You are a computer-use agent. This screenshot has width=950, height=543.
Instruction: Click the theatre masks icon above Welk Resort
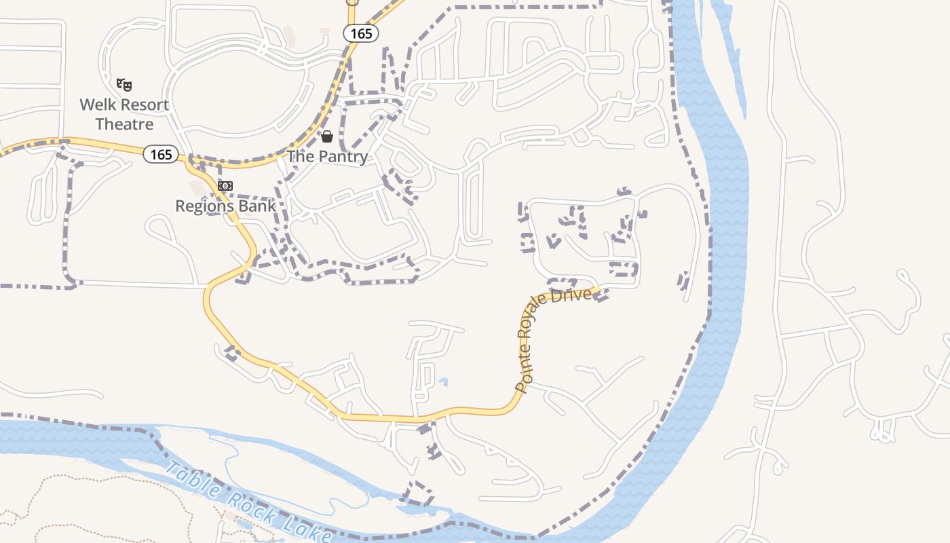pyautogui.click(x=123, y=85)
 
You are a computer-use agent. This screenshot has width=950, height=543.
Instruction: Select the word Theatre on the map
pyautogui.click(x=124, y=124)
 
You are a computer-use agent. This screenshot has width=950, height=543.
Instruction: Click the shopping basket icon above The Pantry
pyautogui.click(x=327, y=136)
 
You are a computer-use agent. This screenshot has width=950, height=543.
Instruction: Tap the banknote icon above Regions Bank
pyautogui.click(x=225, y=186)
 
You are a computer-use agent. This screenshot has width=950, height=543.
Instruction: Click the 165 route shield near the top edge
pyautogui.click(x=360, y=33)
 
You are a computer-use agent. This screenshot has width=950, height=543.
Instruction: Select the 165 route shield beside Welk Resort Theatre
pyautogui.click(x=161, y=155)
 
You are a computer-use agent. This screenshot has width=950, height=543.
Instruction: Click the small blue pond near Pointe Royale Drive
pyautogui.click(x=444, y=382)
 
